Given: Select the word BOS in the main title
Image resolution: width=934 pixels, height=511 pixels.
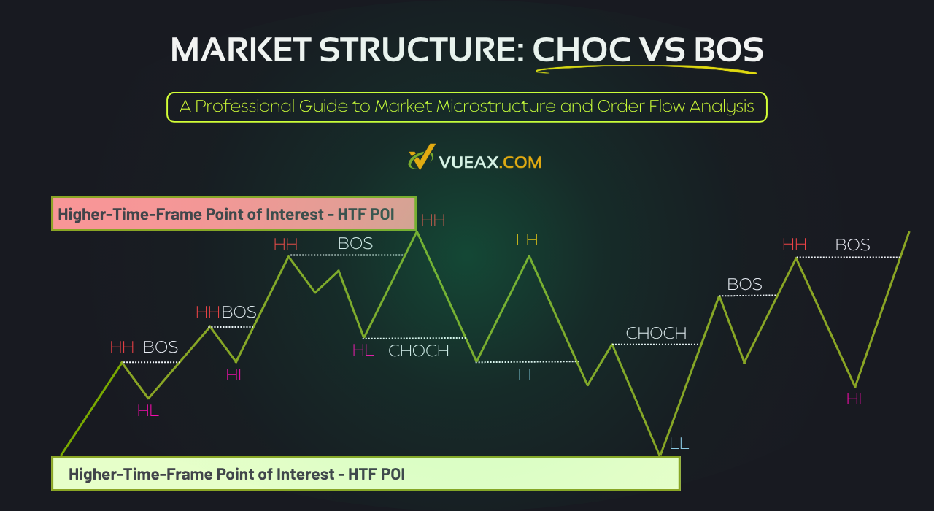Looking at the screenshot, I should [722, 50].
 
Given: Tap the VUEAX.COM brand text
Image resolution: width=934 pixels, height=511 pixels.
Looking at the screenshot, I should [490, 161].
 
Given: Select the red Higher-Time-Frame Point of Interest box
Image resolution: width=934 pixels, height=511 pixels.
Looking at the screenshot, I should [233, 213].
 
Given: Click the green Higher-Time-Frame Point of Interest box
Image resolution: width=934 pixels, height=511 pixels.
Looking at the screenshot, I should [365, 474].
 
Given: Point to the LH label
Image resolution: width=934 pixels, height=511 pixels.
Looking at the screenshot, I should [527, 240].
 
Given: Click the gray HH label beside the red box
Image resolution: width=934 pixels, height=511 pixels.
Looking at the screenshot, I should [433, 220].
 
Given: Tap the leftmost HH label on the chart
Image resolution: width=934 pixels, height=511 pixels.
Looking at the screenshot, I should [122, 347].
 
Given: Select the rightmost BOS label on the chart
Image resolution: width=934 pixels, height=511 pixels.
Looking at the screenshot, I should [852, 245].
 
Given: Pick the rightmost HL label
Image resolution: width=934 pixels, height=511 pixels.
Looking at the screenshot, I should [857, 399].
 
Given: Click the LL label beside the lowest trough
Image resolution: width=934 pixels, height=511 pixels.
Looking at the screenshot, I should [679, 443].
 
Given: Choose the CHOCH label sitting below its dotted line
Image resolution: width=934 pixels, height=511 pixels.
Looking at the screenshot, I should [418, 351].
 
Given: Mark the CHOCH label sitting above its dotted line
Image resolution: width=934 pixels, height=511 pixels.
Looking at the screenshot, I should [656, 334].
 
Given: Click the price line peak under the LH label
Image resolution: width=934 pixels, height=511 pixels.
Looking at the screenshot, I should [528, 256].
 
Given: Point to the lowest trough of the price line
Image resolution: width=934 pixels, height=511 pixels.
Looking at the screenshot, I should [660, 455].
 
